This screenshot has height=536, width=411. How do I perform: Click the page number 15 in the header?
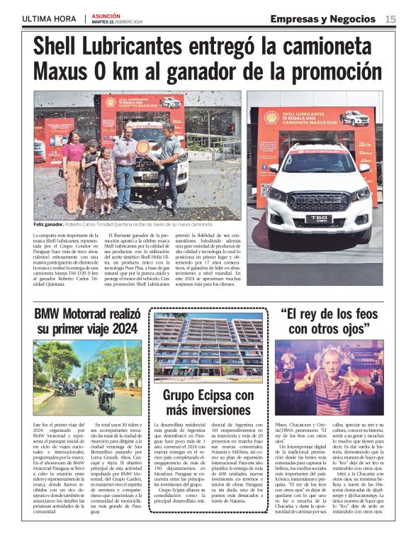pyautogui.click(x=390, y=18)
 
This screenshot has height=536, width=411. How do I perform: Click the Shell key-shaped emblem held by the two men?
pyautogui.click(x=144, y=148)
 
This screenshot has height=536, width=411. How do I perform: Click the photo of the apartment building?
pyautogui.click(x=208, y=348)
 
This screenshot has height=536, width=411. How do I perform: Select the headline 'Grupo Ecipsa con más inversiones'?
pyautogui.click(x=208, y=402)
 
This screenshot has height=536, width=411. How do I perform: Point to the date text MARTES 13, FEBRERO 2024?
pyautogui.click(x=118, y=21)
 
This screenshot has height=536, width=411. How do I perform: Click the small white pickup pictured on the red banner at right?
pyautogui.click(x=354, y=118)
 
